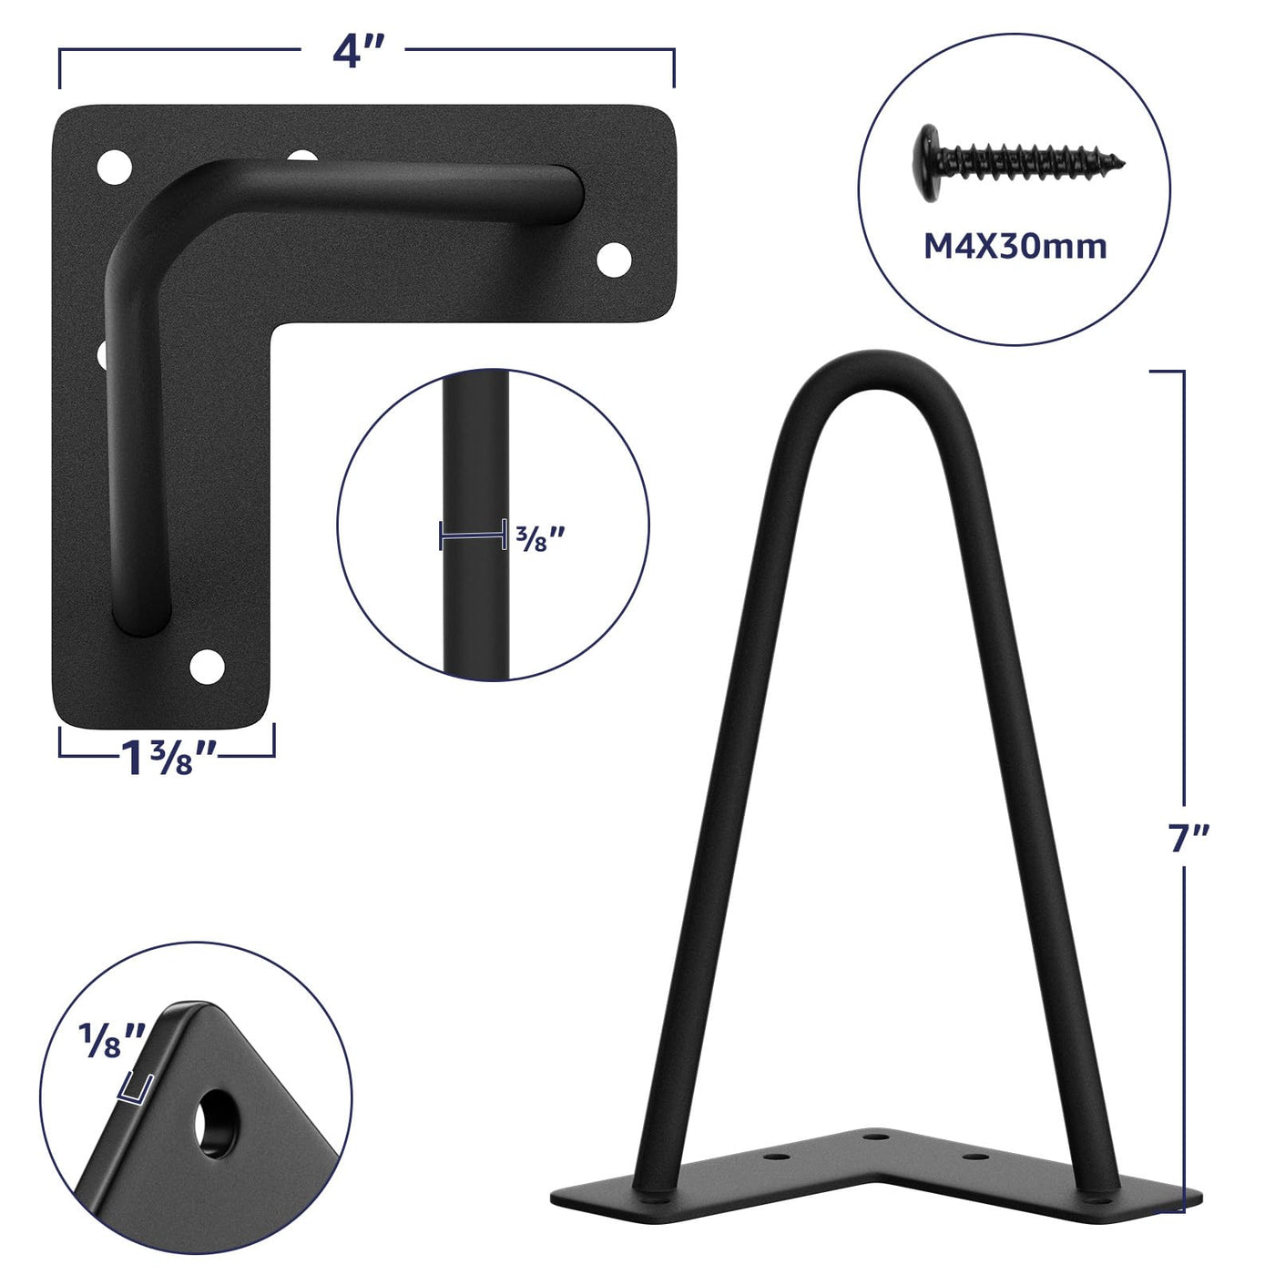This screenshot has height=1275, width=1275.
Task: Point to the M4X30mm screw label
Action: tap(1015, 247)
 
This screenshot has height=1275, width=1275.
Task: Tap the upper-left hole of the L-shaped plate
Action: tap(115, 167)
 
